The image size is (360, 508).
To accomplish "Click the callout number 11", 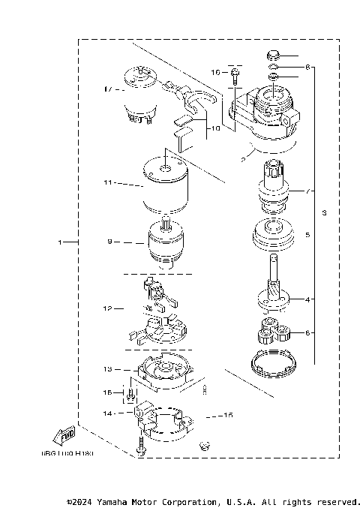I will click(x=108, y=182).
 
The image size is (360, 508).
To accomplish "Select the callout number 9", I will click(x=109, y=242).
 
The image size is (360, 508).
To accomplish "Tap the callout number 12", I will click(x=108, y=308).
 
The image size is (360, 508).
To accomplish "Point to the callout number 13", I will click(x=108, y=369).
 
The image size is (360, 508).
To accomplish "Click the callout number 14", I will click(x=108, y=413).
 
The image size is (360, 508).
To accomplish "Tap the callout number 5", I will click(x=307, y=234).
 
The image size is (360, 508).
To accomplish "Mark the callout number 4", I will click(x=307, y=299).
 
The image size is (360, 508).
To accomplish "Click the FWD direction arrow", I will click(x=62, y=436).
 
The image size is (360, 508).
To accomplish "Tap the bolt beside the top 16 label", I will click(x=235, y=74).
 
